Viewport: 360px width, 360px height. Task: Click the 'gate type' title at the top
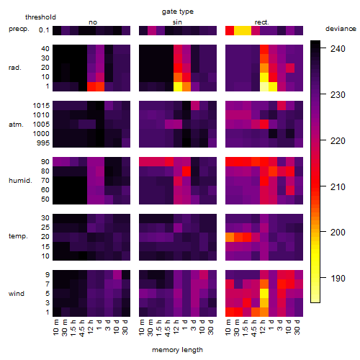click(178, 12)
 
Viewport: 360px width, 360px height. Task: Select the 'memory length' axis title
click(177, 350)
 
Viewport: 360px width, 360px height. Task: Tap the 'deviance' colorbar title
click(341, 29)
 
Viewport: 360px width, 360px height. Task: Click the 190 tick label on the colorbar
click(338, 279)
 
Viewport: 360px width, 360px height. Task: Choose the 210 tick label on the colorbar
click(338, 186)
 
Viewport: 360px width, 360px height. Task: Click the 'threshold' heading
click(40, 17)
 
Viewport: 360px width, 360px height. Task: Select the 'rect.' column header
click(261, 22)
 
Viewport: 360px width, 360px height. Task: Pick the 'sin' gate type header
click(177, 22)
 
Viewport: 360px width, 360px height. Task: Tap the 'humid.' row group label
click(20, 181)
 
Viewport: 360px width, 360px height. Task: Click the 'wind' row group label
click(17, 294)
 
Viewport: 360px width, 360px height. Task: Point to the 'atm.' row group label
click(16, 125)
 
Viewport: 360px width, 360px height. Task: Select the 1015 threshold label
click(41, 106)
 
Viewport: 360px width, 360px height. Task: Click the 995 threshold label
click(43, 143)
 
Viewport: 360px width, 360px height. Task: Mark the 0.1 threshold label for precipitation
click(44, 30)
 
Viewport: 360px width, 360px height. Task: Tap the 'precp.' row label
click(19, 29)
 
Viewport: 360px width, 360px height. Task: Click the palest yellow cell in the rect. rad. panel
click(264, 86)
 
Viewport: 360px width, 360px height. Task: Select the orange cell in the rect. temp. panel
click(230, 237)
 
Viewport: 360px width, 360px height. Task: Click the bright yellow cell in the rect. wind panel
click(264, 294)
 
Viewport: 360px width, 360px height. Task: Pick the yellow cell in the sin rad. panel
click(178, 86)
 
